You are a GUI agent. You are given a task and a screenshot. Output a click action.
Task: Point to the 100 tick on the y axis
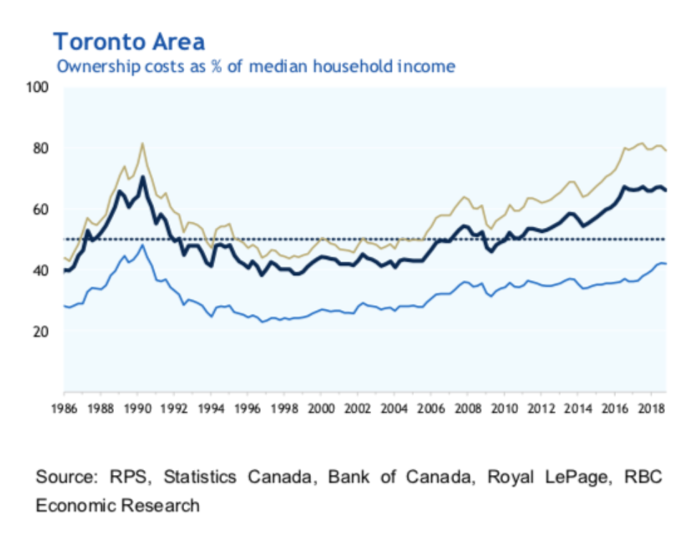pos(37,87)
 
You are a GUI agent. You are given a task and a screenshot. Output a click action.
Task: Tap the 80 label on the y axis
pos(39,148)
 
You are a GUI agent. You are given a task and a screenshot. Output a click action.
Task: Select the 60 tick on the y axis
pos(39,209)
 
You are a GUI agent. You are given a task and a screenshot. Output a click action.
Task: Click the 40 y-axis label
pos(39,270)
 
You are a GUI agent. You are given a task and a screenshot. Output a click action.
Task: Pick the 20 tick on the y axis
pos(39,331)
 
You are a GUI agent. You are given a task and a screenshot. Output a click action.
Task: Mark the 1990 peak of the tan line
pos(143,143)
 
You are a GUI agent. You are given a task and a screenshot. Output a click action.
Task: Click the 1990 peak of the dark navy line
pos(143,177)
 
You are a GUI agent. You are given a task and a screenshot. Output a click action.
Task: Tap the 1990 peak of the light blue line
pos(143,245)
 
